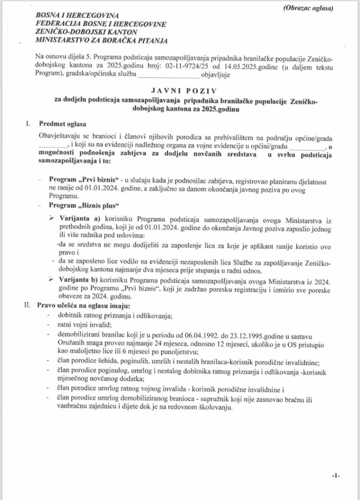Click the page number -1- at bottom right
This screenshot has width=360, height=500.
point(336,475)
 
